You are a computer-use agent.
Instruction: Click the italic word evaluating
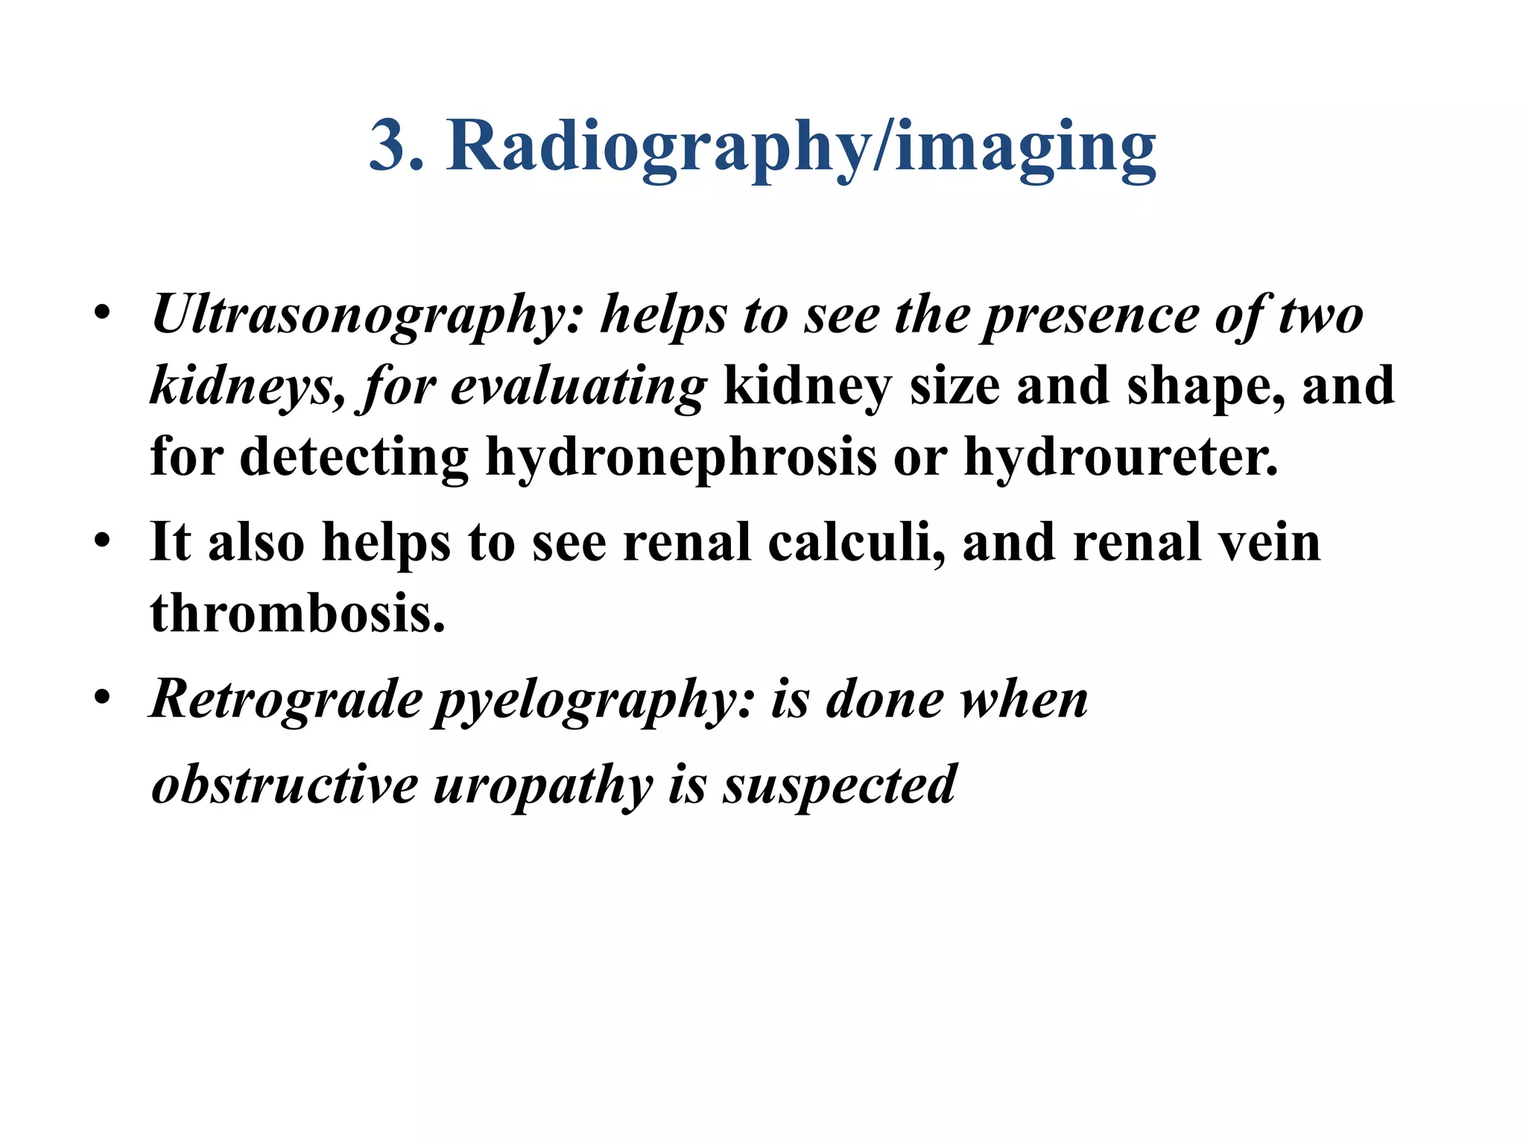click(578, 387)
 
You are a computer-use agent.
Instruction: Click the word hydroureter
click(1121, 456)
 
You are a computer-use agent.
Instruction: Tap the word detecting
click(355, 456)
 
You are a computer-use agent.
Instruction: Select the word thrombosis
click(297, 613)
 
